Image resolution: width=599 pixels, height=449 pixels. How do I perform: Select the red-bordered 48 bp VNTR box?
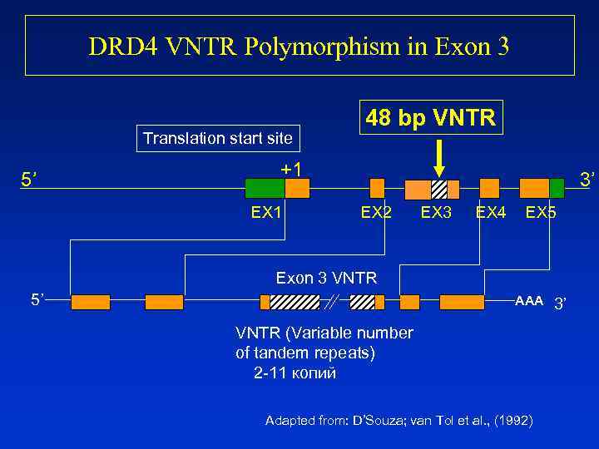click(431, 118)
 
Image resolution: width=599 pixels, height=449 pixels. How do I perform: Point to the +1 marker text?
click(292, 169)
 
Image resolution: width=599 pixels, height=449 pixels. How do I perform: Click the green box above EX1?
click(263, 188)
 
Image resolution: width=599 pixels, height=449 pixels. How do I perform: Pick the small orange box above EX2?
click(377, 188)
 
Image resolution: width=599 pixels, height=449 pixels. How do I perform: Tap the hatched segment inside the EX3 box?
click(439, 189)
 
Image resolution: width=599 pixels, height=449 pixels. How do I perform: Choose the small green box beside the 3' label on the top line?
click(557, 188)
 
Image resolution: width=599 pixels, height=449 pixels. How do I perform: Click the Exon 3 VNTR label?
click(326, 278)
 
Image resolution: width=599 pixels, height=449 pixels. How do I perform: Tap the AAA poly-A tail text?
click(529, 300)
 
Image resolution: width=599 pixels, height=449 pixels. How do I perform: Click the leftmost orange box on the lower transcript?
click(90, 302)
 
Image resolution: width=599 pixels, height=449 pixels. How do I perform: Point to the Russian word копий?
click(311, 373)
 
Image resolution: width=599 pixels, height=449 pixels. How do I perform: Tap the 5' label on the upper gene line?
click(31, 179)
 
